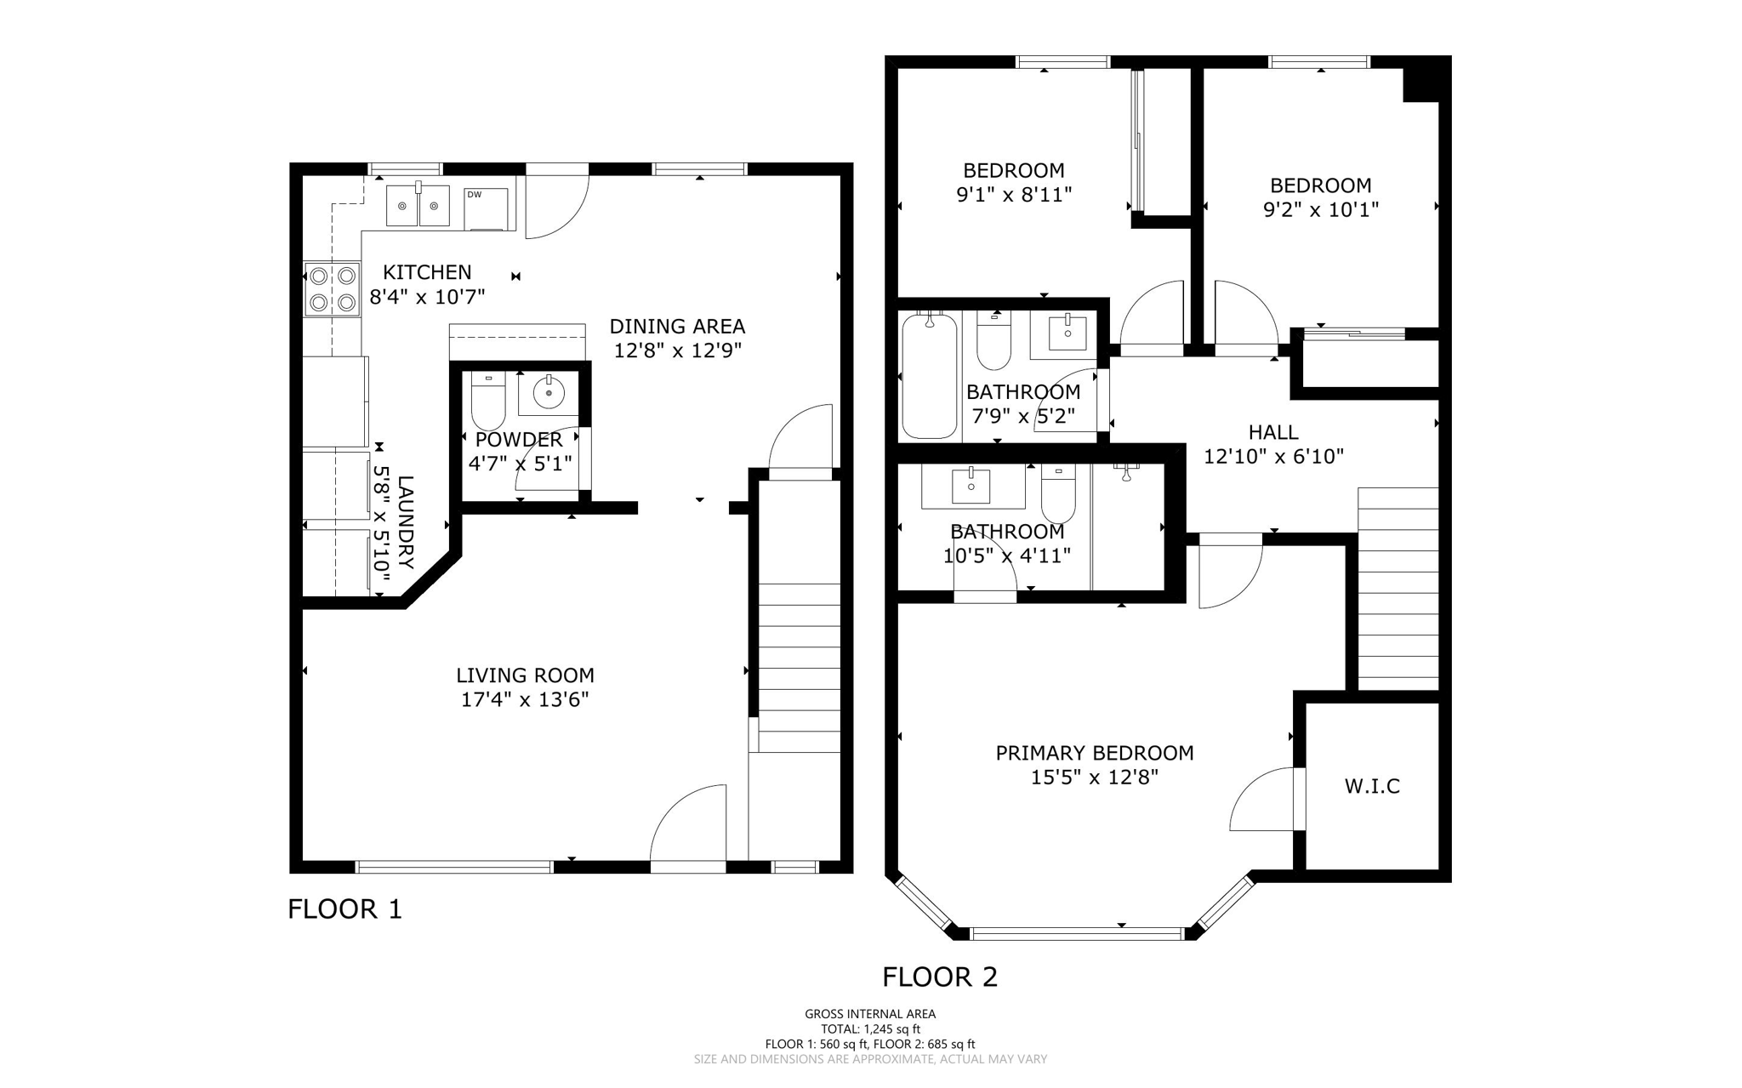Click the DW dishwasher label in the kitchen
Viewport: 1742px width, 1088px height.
[x=474, y=195]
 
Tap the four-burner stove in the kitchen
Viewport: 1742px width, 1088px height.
[x=333, y=288]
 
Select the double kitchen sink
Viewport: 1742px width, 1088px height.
[x=418, y=206]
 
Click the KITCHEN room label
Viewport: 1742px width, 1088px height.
[x=427, y=272]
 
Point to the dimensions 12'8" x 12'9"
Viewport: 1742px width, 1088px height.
[x=678, y=350]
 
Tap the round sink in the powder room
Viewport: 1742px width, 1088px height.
[x=549, y=393]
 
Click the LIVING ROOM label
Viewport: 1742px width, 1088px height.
[x=525, y=675]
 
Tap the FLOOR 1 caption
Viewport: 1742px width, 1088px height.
[x=344, y=909]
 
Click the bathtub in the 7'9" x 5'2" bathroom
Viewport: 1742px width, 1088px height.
[x=929, y=375]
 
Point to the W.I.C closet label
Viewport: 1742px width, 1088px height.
[x=1372, y=786]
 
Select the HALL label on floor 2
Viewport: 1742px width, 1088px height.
[x=1273, y=432]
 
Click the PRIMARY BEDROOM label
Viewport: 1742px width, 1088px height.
[x=1095, y=753]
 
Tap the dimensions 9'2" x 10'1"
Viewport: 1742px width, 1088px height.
[x=1320, y=209]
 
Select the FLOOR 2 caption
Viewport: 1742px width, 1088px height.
[x=940, y=977]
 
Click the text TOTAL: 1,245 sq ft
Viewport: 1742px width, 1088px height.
[x=870, y=1028]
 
